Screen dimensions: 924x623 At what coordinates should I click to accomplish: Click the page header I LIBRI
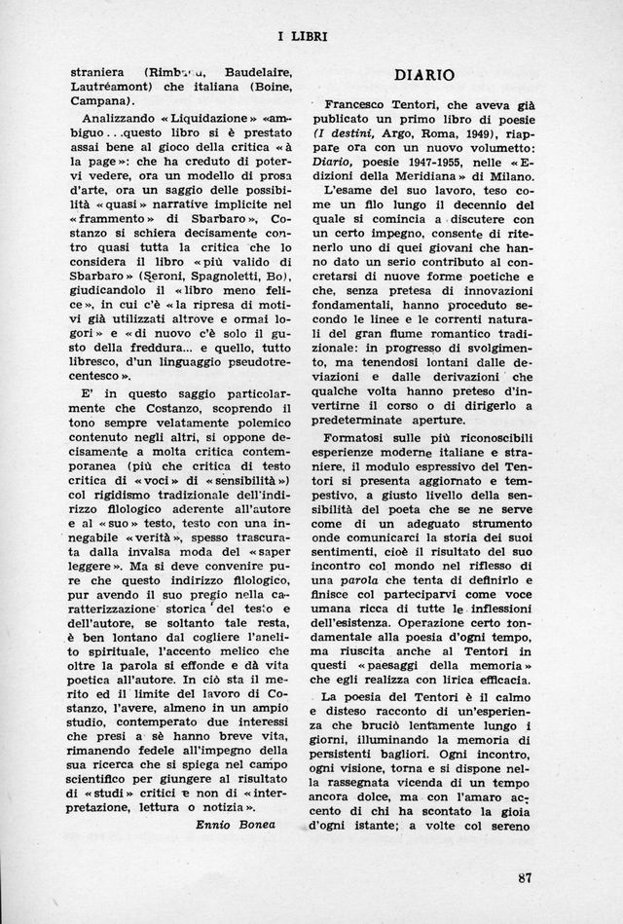(302, 37)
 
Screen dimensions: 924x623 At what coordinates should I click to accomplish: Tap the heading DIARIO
(424, 74)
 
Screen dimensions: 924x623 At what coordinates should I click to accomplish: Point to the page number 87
(526, 878)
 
